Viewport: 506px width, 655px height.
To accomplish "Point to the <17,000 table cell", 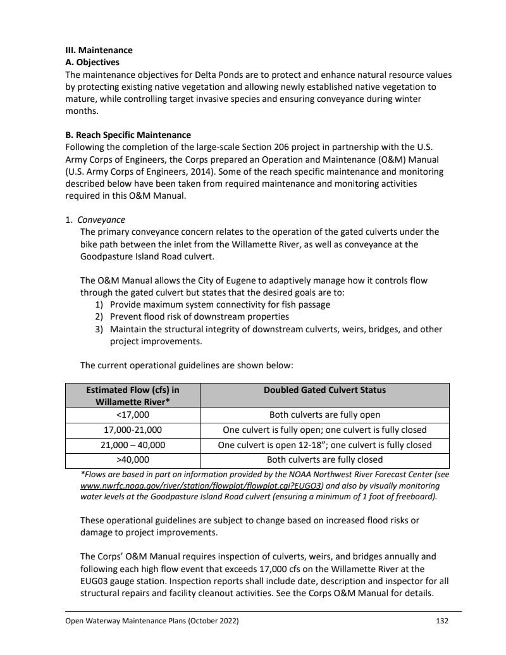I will [x=132, y=415].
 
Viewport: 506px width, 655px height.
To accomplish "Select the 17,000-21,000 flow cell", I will [x=132, y=430].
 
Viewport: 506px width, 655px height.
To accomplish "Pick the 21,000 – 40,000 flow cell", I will [x=132, y=445].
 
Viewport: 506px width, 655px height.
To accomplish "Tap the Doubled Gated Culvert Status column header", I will [x=324, y=390].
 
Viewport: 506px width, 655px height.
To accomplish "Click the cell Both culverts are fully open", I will [x=324, y=415].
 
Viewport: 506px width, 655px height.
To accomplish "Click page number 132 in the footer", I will [x=442, y=621].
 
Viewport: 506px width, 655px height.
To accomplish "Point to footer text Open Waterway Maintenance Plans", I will [x=152, y=621].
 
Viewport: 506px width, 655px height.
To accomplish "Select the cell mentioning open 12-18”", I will [x=324, y=445].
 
